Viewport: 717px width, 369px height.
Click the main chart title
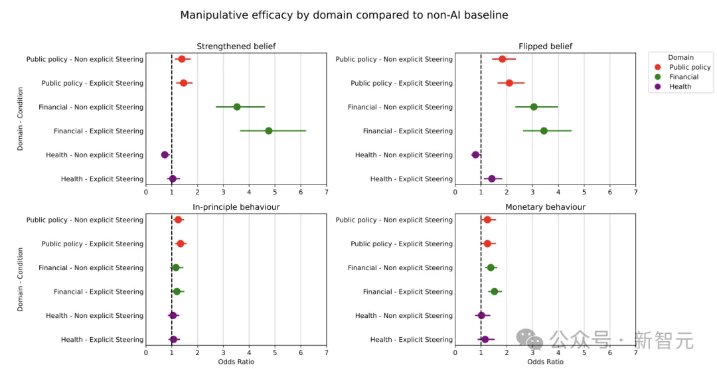tap(345, 15)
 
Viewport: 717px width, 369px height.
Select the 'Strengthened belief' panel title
tap(236, 46)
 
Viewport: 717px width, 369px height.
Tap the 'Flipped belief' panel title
tap(545, 46)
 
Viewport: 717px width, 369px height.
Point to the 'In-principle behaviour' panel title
tap(236, 207)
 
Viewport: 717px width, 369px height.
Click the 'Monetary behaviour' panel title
tap(545, 207)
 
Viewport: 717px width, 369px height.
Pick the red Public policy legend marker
tap(658, 67)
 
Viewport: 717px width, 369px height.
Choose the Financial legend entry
tap(684, 77)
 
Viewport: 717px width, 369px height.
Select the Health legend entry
tap(680, 87)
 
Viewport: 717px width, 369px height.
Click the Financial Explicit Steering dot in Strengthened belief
tap(269, 131)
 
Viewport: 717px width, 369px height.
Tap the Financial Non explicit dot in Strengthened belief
tap(237, 107)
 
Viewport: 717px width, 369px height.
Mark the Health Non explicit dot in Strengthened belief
tap(165, 155)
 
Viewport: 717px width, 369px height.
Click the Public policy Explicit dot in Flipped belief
tap(509, 83)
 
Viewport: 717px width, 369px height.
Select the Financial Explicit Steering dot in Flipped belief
tap(544, 131)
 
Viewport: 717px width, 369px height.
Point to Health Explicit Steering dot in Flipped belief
tap(492, 179)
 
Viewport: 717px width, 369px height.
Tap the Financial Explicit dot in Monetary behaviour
tap(494, 291)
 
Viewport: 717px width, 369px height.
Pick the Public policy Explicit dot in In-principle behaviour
tap(181, 244)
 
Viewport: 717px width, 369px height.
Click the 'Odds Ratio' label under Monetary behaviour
tap(545, 362)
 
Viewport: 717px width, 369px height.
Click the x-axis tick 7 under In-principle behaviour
tap(326, 353)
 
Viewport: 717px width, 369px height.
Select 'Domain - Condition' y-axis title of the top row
tap(20, 119)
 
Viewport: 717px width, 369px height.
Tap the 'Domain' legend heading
tap(680, 58)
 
